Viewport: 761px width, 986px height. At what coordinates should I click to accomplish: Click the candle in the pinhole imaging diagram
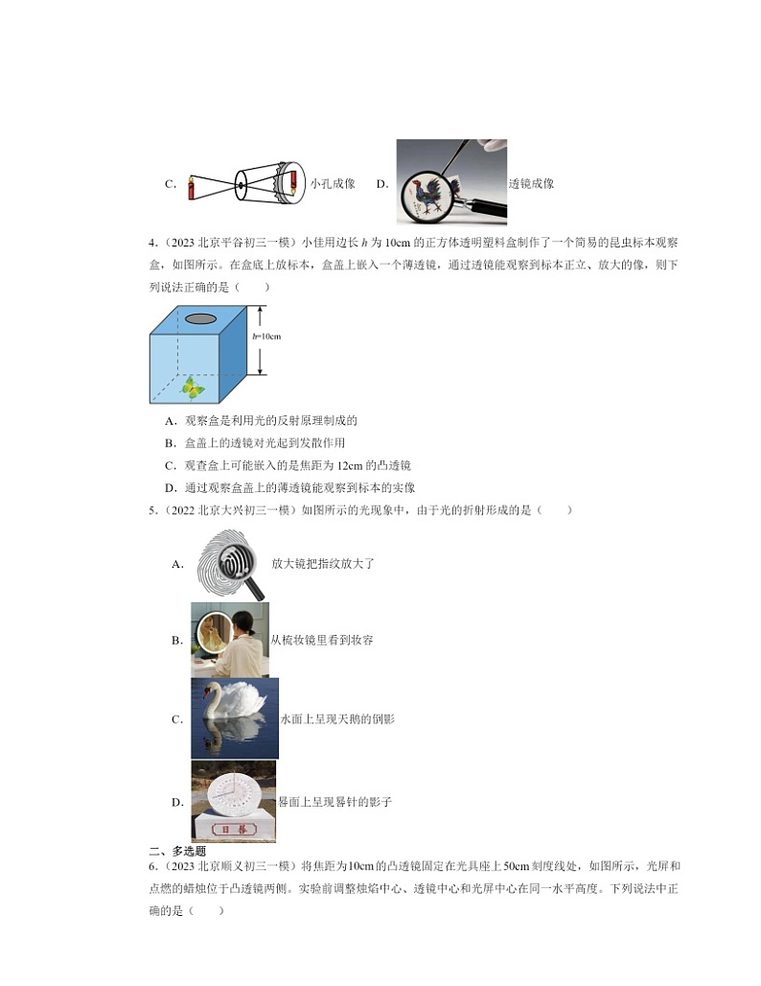coord(192,185)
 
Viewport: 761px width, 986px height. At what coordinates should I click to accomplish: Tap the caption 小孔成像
coord(333,184)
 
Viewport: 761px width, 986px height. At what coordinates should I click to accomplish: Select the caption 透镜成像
coord(531,184)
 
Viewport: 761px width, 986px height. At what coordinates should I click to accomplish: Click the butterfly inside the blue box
coord(195,387)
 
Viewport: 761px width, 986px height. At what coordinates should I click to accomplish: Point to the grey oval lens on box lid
coord(200,318)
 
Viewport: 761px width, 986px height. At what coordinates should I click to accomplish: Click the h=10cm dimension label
coord(266,337)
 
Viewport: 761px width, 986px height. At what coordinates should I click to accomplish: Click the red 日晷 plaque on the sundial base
coord(233,828)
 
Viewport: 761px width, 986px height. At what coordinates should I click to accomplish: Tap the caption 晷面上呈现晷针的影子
coord(334,802)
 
